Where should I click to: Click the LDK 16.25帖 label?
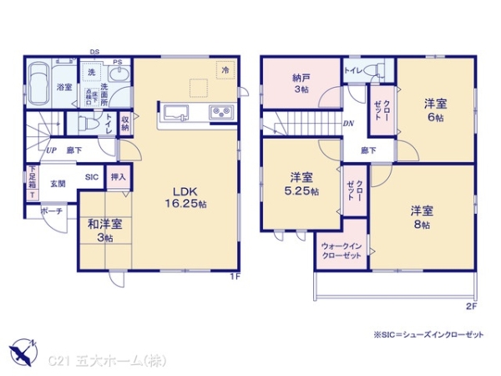click(187, 196)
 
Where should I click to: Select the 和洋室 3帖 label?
click(105, 231)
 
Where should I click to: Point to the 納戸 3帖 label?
click(301, 83)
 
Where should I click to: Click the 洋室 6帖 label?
click(434, 109)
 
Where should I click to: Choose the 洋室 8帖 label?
click(421, 216)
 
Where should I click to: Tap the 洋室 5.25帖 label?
click(303, 185)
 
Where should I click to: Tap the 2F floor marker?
click(471, 307)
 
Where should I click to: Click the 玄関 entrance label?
click(57, 184)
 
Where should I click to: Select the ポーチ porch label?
click(52, 212)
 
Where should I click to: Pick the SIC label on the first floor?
click(91, 176)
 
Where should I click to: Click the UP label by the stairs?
click(52, 150)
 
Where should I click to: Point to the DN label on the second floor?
click(347, 123)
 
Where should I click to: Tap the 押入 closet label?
click(119, 177)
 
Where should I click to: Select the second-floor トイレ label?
click(354, 72)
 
